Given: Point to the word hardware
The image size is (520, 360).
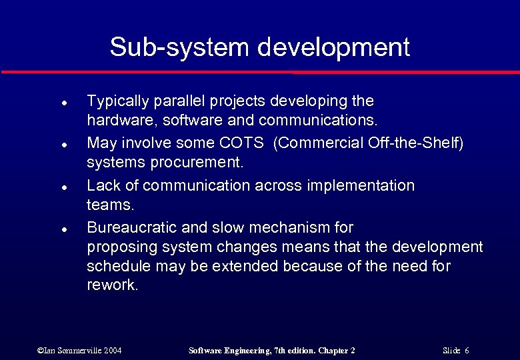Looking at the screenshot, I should pyautogui.click(x=115, y=121).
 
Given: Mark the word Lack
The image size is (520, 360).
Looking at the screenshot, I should pyautogui.click(x=103, y=185).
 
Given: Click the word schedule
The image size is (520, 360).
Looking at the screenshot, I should pyautogui.click(x=117, y=266).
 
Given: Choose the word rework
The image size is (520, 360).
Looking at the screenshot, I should pyautogui.click(x=112, y=286).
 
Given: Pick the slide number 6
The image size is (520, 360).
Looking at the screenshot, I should pyautogui.click(x=467, y=350).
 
